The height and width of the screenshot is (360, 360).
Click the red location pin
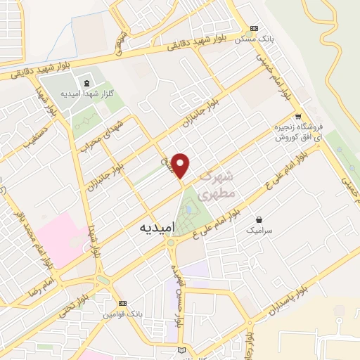click(181, 165)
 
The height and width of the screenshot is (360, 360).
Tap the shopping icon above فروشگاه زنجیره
click(299, 116)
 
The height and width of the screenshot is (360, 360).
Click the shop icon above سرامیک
click(259, 219)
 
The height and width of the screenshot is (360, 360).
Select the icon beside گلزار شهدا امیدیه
click(77, 82)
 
